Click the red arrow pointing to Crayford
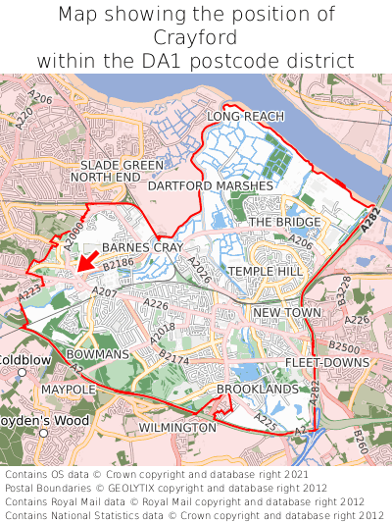pyautogui.click(x=86, y=260)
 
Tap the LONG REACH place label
pyautogui.click(x=245, y=117)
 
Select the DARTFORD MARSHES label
pyautogui.click(x=211, y=184)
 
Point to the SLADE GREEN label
pyautogui.click(x=122, y=165)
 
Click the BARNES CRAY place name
pyautogui.click(x=142, y=248)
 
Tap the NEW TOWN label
pyautogui.click(x=287, y=313)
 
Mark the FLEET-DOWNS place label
pyautogui.click(x=327, y=363)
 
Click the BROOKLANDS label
pyautogui.click(x=257, y=390)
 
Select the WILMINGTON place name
pyautogui.click(x=177, y=428)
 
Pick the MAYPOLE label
pyautogui.click(x=69, y=390)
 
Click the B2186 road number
pyautogui.click(x=117, y=265)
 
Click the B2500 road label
pyautogui.click(x=344, y=347)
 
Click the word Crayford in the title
pyautogui.click(x=196, y=37)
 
